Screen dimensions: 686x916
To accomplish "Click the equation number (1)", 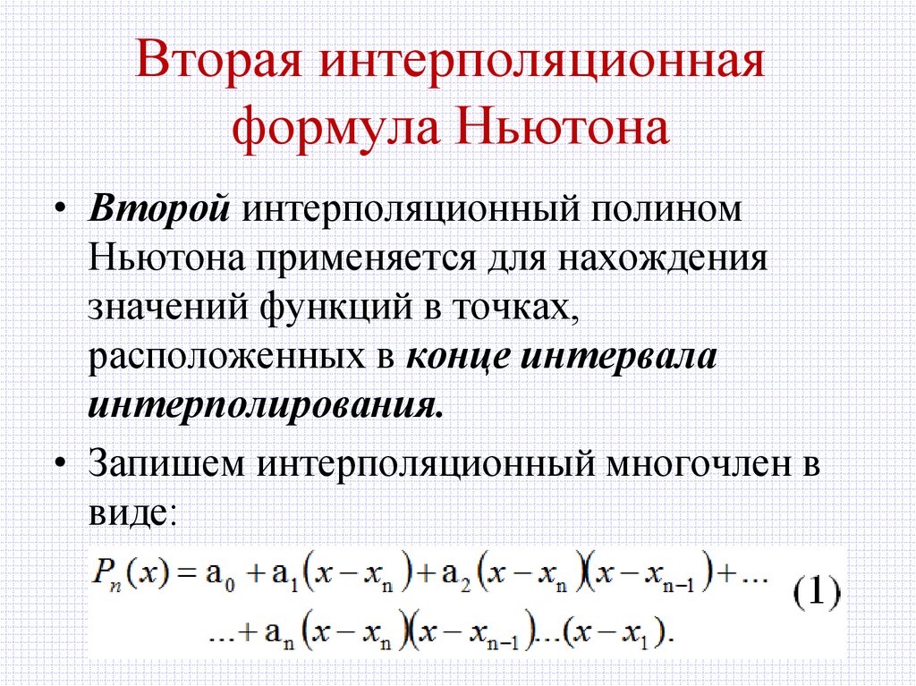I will (815, 595).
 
